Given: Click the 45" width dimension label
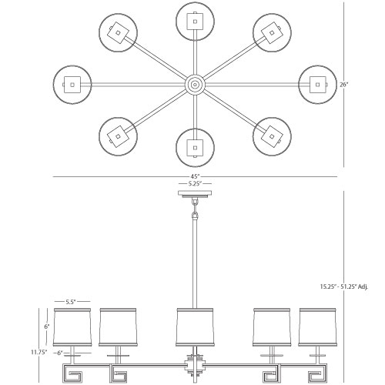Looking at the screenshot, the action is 195,176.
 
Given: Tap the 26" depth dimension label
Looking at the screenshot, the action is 344,85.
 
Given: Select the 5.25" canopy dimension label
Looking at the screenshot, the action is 195,183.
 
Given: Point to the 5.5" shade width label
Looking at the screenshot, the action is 70,302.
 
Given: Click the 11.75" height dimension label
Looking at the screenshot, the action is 39,352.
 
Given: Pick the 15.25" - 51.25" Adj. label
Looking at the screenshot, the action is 344,286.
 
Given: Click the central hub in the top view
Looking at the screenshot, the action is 195,85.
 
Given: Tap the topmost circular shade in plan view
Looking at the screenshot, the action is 195,21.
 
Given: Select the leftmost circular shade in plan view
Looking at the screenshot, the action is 72,85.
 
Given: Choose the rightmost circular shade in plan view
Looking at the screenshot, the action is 318,85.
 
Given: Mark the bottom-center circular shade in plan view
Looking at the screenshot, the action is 195,148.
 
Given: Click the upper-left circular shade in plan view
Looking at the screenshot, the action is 118,32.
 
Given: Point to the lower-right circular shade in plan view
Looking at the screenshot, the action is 272,136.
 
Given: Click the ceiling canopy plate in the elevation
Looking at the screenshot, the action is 195,194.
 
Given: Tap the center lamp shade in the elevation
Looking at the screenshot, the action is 195,327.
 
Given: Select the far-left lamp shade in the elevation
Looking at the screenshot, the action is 72,327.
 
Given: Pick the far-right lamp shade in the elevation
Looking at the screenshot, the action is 318,327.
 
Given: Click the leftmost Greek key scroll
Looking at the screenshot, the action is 72,373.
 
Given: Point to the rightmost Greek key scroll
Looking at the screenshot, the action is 318,373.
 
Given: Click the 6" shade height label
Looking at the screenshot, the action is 46,326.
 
